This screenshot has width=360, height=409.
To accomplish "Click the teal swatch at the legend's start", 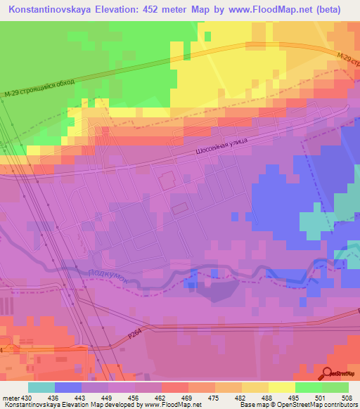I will [41, 387].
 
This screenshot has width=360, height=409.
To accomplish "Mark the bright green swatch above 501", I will [308, 387].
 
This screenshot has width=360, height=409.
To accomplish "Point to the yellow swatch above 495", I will [281, 387].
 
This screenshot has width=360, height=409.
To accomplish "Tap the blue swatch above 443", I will [67, 387].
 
